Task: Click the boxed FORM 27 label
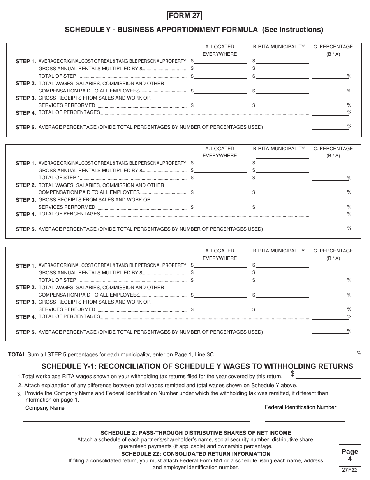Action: (x=185, y=16)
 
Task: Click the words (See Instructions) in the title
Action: (x=292, y=29)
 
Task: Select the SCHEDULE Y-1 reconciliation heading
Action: (x=197, y=366)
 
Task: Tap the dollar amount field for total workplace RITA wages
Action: (x=328, y=375)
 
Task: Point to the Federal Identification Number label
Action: (x=300, y=407)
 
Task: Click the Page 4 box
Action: (x=350, y=455)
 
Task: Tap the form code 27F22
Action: (x=350, y=470)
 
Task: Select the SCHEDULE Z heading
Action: (x=196, y=433)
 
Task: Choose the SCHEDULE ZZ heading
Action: (x=196, y=454)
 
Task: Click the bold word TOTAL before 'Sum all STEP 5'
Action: (x=17, y=355)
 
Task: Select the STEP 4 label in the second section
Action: (x=26, y=215)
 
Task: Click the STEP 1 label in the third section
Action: (x=26, y=266)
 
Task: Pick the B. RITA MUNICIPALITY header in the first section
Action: (x=279, y=47)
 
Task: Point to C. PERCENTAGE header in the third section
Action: (x=333, y=251)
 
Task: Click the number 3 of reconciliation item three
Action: (x=19, y=394)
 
